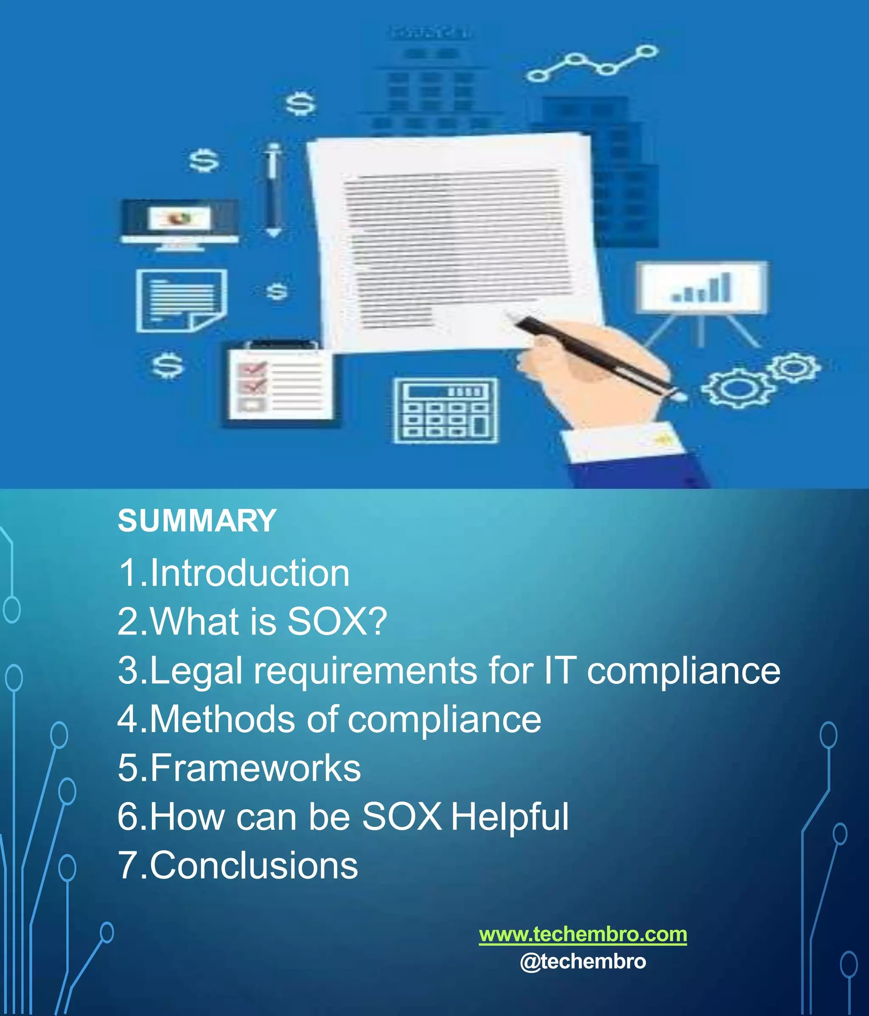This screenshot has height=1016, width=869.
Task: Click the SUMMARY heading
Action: point(197,521)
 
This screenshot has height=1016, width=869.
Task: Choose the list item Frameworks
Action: point(239,768)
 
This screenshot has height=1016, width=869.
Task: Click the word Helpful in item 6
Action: point(510,817)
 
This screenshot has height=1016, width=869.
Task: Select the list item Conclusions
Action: point(238,865)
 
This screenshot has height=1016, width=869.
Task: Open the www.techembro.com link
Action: point(583,934)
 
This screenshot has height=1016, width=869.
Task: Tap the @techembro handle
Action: point(583,962)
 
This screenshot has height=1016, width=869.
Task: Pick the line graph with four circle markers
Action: point(592,63)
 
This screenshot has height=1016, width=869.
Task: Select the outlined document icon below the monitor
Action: point(182,300)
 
